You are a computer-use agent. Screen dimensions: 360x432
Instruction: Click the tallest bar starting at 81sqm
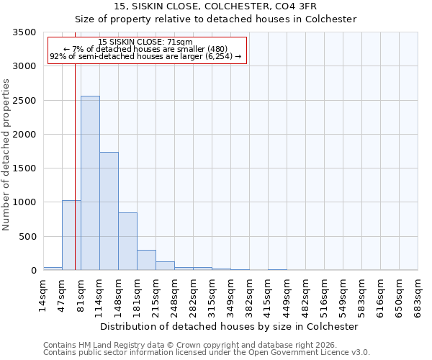tap(90, 183)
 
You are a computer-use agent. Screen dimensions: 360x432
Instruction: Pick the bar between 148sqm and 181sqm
tap(127, 241)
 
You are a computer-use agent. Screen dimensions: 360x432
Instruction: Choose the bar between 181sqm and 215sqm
tap(146, 260)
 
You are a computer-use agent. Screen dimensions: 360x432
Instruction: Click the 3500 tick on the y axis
tap(24, 32)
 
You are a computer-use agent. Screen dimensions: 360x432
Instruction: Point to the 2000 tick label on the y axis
tap(24, 135)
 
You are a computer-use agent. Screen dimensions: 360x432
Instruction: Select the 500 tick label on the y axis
tap(27, 237)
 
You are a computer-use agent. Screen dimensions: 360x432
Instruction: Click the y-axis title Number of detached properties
tap(6, 151)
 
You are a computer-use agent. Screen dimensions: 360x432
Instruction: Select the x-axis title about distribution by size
tap(229, 326)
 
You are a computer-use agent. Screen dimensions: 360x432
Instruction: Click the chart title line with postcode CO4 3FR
tap(215, 6)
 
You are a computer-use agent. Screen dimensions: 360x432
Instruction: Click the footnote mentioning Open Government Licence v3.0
tap(207, 353)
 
